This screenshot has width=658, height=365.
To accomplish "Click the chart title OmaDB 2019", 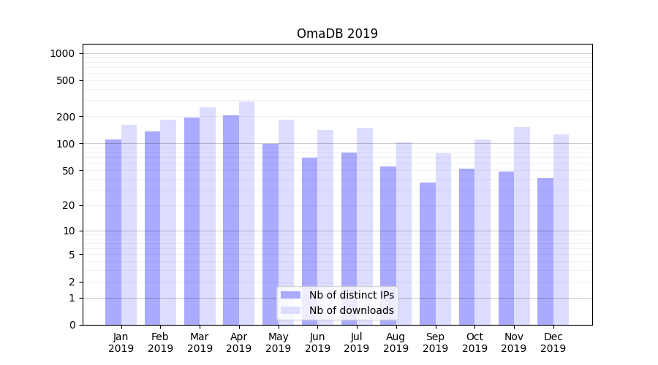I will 337,34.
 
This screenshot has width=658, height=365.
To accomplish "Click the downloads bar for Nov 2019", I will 522,226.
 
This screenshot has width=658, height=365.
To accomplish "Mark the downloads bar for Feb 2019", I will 168,222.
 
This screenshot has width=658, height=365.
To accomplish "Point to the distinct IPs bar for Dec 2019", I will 545,251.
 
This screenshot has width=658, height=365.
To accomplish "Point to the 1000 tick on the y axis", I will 62,53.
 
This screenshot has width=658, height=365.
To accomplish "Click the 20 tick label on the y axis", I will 69,205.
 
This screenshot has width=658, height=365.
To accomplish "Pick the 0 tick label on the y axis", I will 72,325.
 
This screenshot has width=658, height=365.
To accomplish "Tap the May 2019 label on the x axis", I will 279,342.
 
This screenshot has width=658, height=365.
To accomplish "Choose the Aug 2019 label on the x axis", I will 396,342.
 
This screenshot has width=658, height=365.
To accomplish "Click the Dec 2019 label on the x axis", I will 553,342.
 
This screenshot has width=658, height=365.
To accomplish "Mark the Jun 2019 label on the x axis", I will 317,342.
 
